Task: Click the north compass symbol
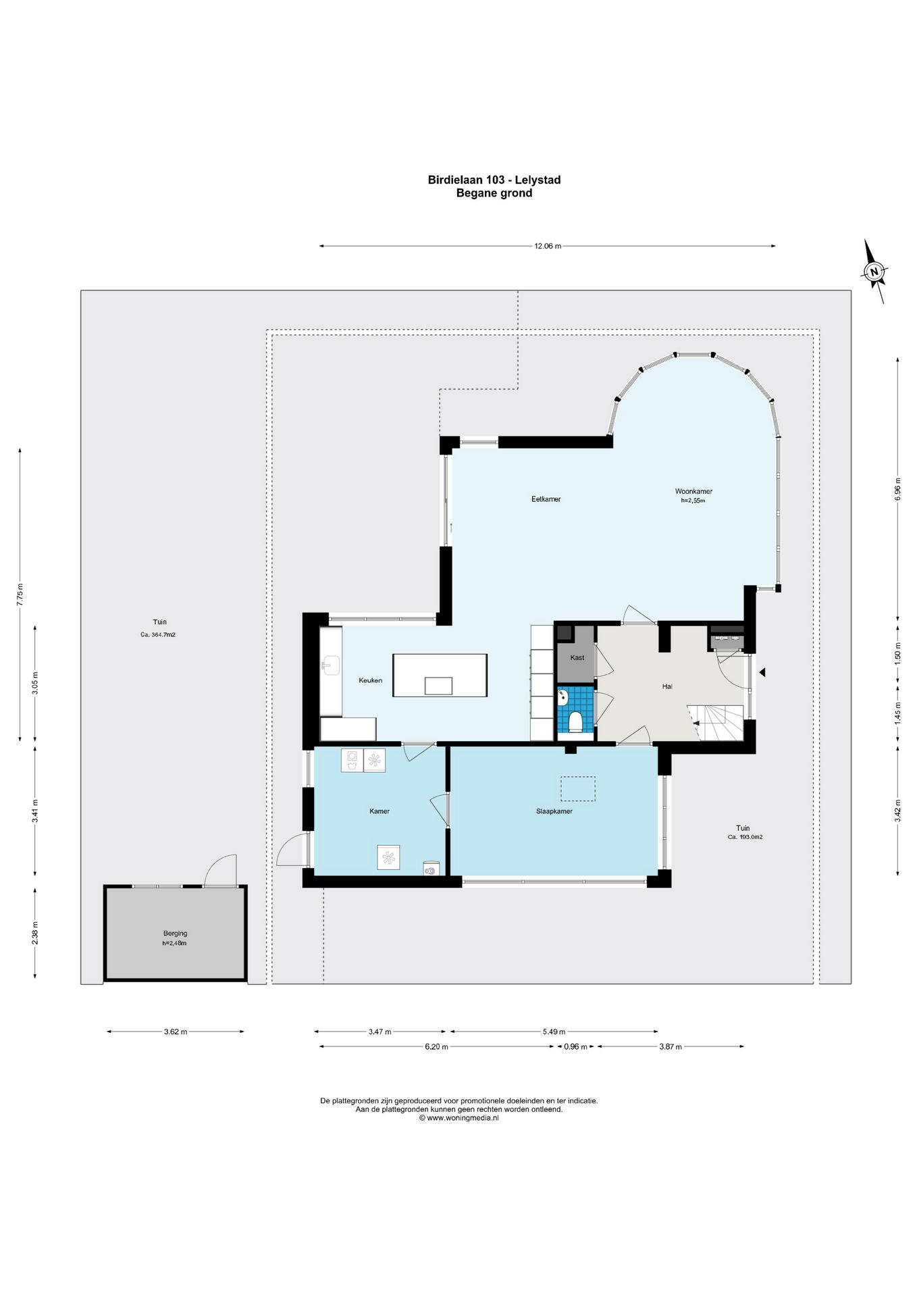point(874,272)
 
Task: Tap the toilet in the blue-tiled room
point(575,721)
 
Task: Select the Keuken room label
point(370,680)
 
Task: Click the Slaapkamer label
point(554,811)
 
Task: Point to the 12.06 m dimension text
point(548,246)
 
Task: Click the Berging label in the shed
point(175,934)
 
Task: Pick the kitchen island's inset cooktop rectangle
point(438,686)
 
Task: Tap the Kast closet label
point(577,657)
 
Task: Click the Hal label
point(667,686)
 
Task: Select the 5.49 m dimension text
point(554,1032)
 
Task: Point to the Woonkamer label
point(693,491)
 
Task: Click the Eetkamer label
point(546,499)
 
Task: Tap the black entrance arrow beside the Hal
point(762,672)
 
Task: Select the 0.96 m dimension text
point(575,1046)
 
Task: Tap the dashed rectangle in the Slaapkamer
point(578,789)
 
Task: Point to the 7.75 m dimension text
point(20,594)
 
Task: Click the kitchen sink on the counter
point(330,665)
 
